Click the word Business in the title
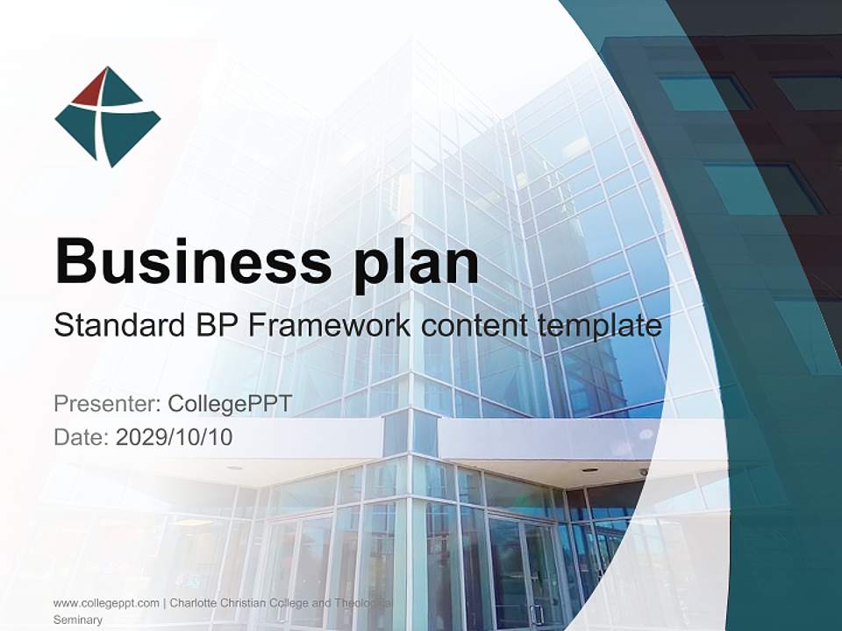click(186, 259)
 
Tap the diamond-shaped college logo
click(107, 117)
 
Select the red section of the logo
click(91, 90)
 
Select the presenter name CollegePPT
click(229, 404)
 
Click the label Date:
click(82, 437)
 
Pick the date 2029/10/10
click(175, 437)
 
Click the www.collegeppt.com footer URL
click(106, 603)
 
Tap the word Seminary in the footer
click(78, 620)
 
